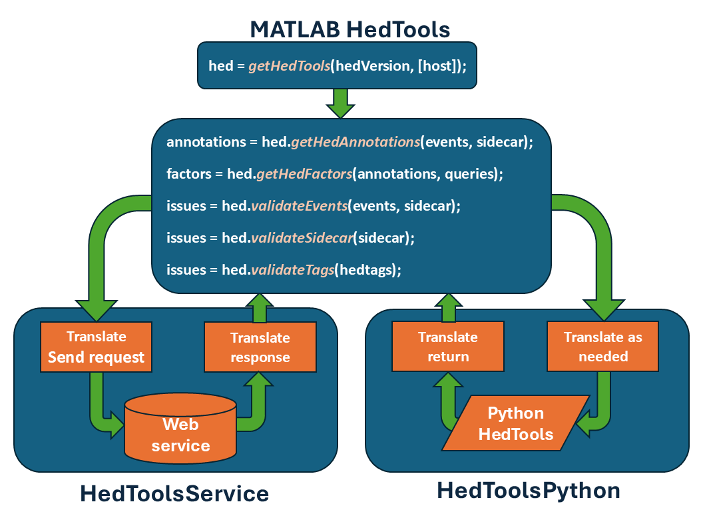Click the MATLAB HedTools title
pos(350,29)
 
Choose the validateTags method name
pos(292,269)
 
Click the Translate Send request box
pos(96,347)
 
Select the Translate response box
pos(260,347)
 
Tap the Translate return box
pos(448,347)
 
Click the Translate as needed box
pos(603,347)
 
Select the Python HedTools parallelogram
pos(516,424)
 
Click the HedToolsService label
pos(174,494)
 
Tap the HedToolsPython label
pos(529,491)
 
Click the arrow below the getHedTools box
pos(340,103)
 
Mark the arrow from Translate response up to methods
pos(260,308)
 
